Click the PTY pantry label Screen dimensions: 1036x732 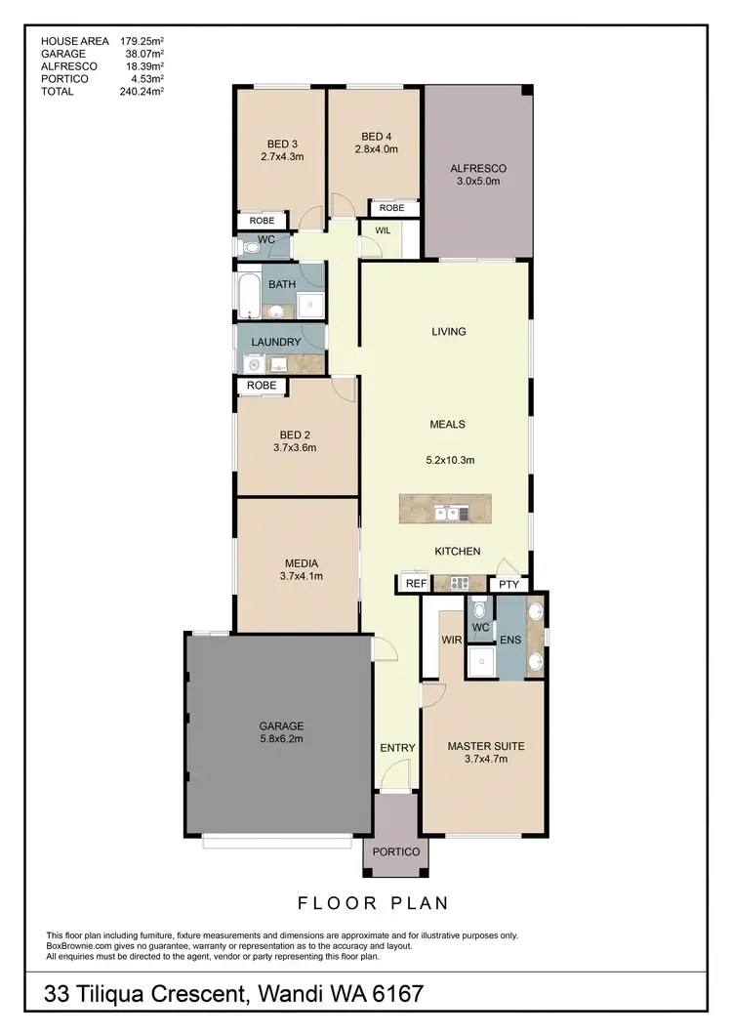coord(508,584)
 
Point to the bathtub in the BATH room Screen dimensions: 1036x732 coord(247,296)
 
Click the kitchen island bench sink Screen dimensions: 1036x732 coord(447,513)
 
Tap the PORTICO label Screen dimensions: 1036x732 coord(395,851)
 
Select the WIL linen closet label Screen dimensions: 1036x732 coord(383,231)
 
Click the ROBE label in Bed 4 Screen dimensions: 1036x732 coord(391,208)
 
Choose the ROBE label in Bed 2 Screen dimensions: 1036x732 coord(262,386)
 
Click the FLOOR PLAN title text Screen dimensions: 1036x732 coord(372,902)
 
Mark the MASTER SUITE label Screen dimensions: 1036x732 coord(485,746)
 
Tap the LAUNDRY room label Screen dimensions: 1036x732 coord(276,342)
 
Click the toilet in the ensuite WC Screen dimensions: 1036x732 coord(479,607)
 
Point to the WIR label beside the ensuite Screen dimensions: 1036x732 coord(451,641)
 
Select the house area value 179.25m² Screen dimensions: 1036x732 coord(141,41)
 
